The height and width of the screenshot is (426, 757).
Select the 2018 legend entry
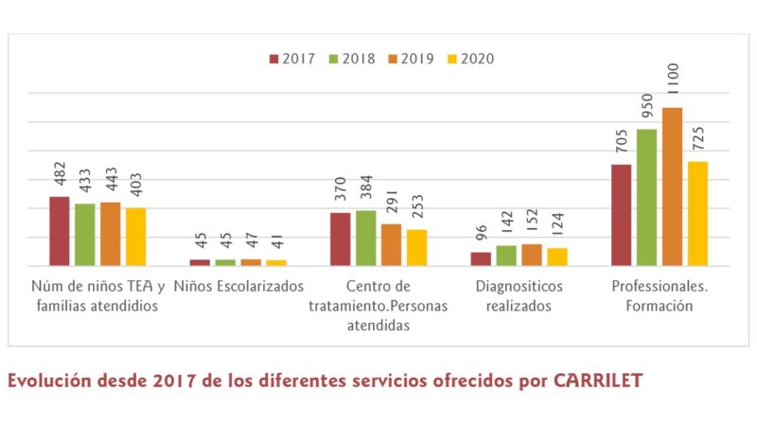[350, 59]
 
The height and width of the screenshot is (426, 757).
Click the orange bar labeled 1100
[672, 186]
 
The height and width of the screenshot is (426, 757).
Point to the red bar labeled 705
[621, 215]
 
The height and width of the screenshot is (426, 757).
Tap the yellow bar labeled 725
[697, 213]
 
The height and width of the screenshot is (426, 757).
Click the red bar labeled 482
[60, 231]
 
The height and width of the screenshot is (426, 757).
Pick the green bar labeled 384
[365, 238]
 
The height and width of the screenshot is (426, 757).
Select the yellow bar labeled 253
[416, 247]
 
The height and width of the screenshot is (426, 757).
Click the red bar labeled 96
[481, 258]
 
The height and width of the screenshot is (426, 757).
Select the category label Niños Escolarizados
[238, 286]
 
